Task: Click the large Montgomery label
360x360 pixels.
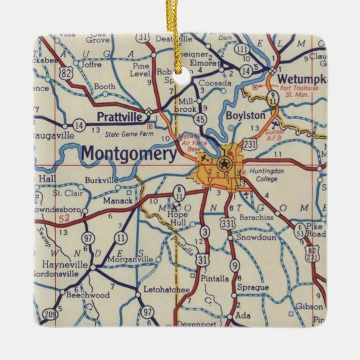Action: click(x=129, y=153)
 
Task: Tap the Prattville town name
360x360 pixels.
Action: click(x=119, y=117)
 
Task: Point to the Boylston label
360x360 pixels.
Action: click(x=245, y=115)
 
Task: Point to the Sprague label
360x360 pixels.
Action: click(x=253, y=287)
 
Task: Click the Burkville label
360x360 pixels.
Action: click(x=101, y=181)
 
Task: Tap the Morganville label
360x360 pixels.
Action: click(x=130, y=259)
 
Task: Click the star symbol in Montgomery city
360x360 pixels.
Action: click(x=225, y=164)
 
